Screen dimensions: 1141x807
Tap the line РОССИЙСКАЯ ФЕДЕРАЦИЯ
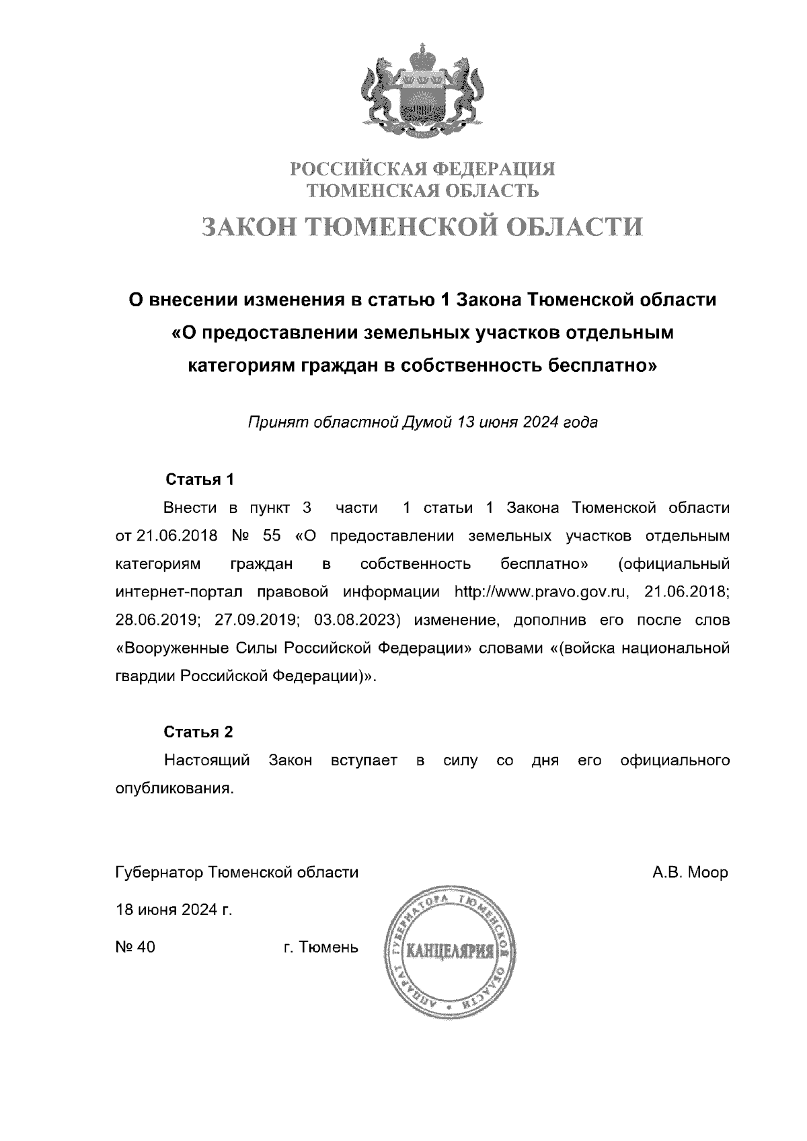[423, 167]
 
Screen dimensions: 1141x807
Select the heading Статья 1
[199, 480]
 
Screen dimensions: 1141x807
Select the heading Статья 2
[199, 732]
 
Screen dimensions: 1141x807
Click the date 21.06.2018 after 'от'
[177, 537]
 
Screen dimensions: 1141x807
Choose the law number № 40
[136, 947]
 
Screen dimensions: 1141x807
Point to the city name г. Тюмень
[321, 947]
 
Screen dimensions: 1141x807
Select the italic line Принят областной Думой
[423, 423]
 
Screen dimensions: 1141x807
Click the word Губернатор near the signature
[159, 873]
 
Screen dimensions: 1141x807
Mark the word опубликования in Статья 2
[175, 789]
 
